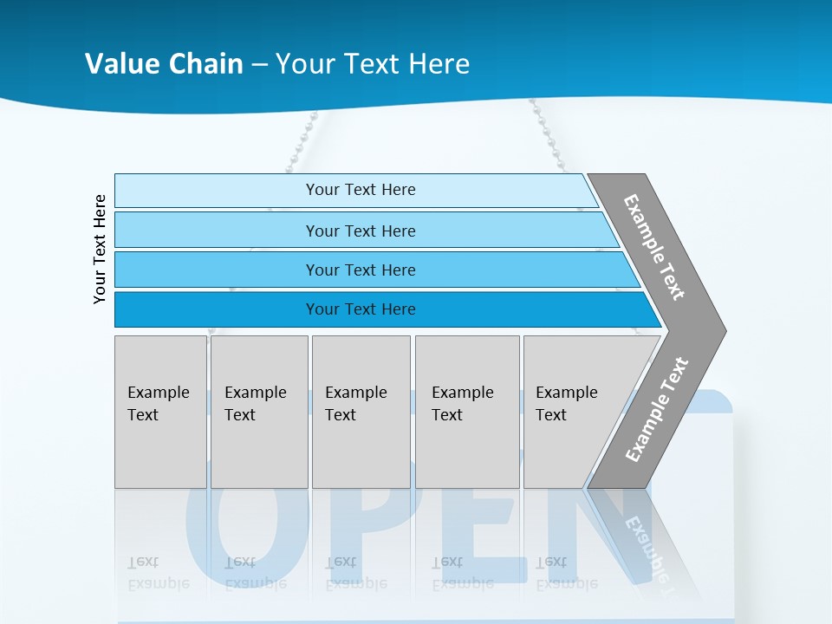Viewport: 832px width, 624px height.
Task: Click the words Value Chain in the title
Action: click(164, 64)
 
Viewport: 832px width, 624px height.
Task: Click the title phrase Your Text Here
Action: click(373, 64)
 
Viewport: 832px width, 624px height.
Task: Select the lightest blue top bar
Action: click(361, 190)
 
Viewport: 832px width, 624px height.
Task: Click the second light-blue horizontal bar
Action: click(361, 231)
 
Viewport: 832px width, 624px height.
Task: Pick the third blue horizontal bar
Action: click(361, 270)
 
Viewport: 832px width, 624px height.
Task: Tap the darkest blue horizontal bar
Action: click(361, 309)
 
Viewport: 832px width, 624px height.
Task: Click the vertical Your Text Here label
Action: click(100, 250)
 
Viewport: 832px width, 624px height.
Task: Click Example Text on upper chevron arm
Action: click(653, 247)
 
